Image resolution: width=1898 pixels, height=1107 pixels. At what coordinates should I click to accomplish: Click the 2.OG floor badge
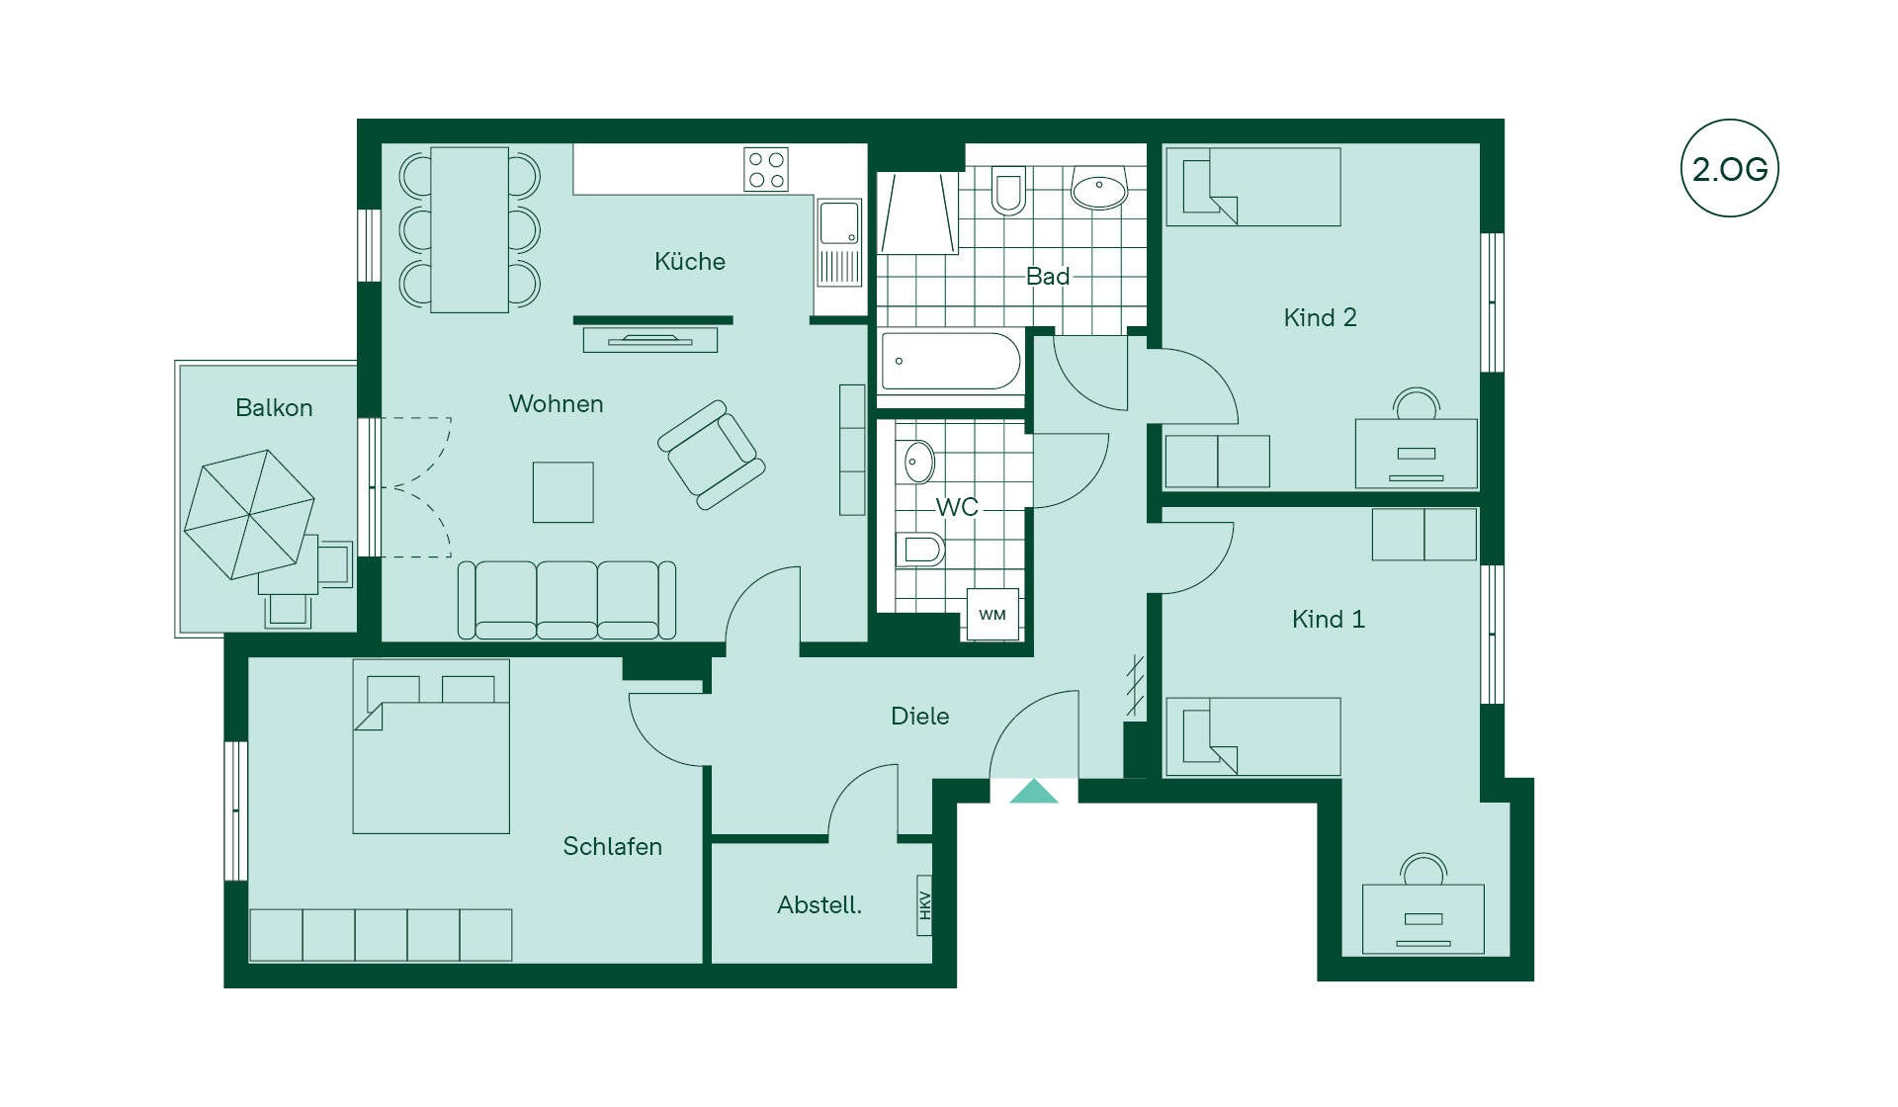coord(1730,168)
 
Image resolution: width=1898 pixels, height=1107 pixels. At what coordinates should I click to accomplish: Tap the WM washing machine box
coord(992,615)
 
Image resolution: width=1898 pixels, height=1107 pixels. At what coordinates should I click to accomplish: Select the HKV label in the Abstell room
coord(924,905)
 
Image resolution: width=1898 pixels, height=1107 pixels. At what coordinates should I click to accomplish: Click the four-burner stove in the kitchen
coord(766,169)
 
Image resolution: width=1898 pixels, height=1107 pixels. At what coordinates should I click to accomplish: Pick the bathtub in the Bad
coord(951,361)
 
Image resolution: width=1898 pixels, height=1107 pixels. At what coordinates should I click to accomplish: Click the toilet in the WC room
coord(920,550)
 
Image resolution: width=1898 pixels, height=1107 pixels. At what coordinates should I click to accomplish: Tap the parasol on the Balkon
coord(249,514)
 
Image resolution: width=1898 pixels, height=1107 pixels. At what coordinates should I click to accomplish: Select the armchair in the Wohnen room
coord(712,455)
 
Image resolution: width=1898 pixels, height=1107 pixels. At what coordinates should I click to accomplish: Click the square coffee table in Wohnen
coord(563,492)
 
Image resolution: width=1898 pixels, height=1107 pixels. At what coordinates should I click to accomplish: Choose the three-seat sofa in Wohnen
coord(567,600)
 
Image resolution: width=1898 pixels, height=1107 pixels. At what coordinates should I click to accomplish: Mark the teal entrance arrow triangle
coord(1034,792)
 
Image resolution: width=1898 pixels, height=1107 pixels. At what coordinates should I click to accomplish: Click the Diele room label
coord(919,716)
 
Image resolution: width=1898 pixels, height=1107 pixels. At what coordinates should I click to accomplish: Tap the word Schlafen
coord(612,846)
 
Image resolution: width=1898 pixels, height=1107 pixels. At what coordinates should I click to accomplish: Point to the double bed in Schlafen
coord(431,746)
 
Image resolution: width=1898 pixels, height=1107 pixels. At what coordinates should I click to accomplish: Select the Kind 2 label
coord(1320,317)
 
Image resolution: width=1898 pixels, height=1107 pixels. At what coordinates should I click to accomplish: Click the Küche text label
coord(690,261)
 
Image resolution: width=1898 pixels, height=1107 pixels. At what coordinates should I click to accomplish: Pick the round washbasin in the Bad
coord(1099,188)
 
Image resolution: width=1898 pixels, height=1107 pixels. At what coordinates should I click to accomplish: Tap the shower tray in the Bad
coord(918,213)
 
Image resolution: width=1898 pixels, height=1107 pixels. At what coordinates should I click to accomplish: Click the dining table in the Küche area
coord(470,230)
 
